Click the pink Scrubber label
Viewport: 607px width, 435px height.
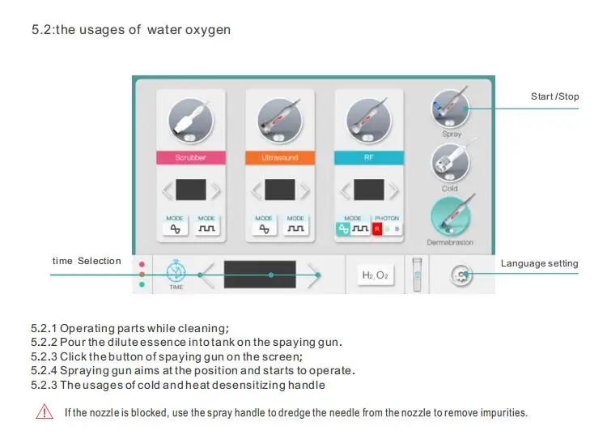tap(190, 158)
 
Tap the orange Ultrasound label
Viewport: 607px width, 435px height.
tap(281, 158)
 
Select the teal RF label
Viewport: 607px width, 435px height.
tap(369, 158)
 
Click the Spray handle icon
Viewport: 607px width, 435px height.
tap(450, 109)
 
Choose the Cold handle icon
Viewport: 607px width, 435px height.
tap(450, 163)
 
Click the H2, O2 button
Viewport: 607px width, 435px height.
tap(375, 275)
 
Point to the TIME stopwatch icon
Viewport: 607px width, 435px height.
tap(176, 271)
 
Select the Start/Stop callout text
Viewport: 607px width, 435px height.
tap(554, 97)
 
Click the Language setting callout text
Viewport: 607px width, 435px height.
tap(539, 263)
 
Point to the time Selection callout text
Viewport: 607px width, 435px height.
tap(87, 261)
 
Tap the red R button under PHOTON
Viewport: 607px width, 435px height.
tap(376, 229)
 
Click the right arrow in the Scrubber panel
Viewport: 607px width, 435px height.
tap(216, 191)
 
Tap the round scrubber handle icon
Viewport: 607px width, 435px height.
tap(190, 120)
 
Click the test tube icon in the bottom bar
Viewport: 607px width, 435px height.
tap(418, 274)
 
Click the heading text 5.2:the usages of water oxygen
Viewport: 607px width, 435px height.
tap(130, 30)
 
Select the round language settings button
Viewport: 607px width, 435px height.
tap(461, 275)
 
